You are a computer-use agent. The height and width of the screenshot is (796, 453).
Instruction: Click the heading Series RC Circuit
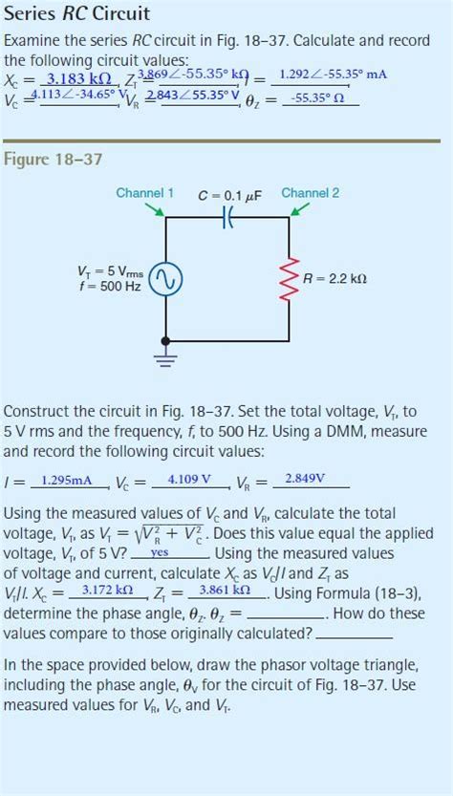pos(76,14)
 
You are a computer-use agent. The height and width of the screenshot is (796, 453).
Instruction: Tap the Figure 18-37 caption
pos(53,159)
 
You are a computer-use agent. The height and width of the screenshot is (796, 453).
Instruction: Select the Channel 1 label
pos(144,193)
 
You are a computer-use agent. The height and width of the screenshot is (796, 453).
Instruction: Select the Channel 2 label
pos(310,193)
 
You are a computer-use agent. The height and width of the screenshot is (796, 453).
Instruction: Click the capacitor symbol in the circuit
pos(228,218)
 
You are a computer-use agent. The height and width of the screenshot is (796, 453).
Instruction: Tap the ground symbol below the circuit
pos(166,358)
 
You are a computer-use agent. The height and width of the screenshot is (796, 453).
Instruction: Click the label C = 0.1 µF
pos(229,196)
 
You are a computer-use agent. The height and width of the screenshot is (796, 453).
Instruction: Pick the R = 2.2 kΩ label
pos(334,279)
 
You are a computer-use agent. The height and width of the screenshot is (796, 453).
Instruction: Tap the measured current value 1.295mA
pos(67,480)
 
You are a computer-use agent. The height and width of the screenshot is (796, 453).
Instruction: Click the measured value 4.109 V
pos(189,480)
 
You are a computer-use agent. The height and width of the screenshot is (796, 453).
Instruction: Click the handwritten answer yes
pos(160,552)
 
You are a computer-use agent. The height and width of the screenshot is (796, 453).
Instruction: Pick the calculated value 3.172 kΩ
pos(107,590)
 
